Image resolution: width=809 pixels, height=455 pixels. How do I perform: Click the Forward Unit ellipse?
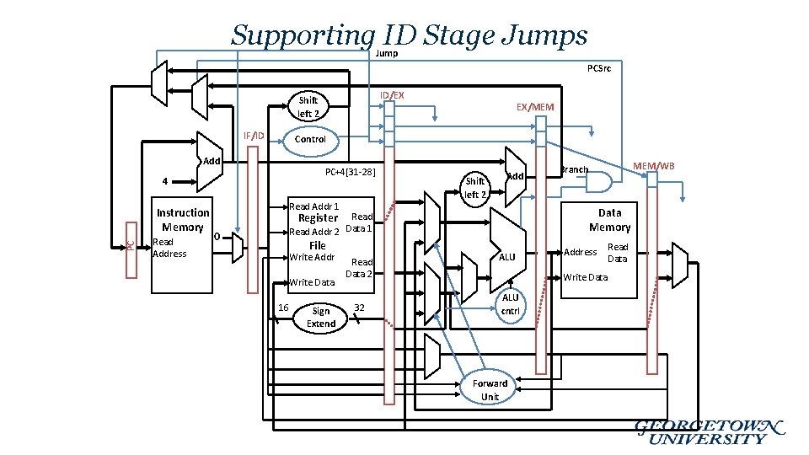tap(490, 389)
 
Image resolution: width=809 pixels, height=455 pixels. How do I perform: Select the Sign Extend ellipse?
tap(321, 317)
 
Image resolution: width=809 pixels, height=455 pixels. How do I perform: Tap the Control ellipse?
tap(310, 139)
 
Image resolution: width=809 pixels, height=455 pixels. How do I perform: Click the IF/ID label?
tap(254, 136)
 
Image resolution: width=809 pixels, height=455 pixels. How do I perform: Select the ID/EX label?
tap(392, 94)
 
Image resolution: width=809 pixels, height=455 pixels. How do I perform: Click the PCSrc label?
tap(599, 68)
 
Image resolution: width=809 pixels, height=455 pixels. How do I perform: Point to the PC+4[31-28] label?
tap(350, 173)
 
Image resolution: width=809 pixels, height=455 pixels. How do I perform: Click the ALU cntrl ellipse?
tap(511, 304)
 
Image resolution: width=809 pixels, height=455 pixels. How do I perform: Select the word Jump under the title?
tap(386, 54)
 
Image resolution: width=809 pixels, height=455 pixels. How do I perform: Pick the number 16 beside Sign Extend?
tap(284, 307)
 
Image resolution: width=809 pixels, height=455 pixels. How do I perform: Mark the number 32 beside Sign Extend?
tap(359, 307)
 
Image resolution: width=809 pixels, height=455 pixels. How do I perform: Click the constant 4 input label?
tap(165, 181)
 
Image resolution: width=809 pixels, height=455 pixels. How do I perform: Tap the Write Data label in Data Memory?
tap(585, 277)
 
